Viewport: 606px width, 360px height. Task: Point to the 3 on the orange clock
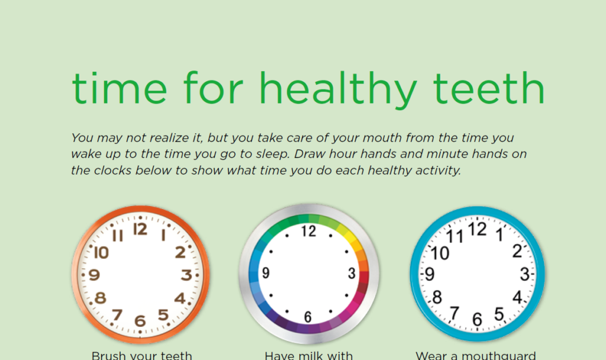point(186,275)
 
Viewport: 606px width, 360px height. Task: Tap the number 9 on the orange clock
point(94,275)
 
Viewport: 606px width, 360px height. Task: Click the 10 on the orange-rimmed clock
point(101,253)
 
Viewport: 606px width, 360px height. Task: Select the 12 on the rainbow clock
point(308,231)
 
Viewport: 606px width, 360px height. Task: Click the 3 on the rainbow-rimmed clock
point(352,274)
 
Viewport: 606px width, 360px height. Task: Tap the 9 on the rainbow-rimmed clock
point(266,274)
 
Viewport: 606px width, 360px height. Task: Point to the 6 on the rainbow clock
point(308,317)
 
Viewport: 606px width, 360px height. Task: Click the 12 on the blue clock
point(478,229)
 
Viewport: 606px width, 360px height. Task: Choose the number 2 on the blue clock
point(517,251)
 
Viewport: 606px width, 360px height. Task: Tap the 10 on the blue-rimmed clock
point(440,253)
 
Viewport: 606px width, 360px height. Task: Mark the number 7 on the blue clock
point(454,312)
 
